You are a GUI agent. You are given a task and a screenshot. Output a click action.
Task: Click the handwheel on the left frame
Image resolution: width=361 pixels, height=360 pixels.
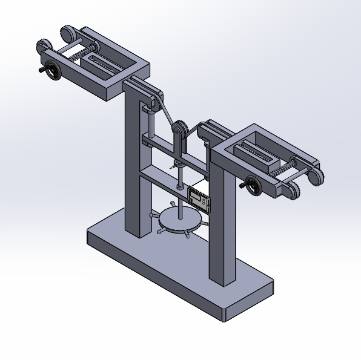(54, 71)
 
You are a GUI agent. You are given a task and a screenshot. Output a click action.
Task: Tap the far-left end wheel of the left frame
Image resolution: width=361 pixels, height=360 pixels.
(44, 47)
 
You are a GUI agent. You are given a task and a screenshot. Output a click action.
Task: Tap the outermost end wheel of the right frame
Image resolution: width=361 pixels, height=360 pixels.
(315, 177)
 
